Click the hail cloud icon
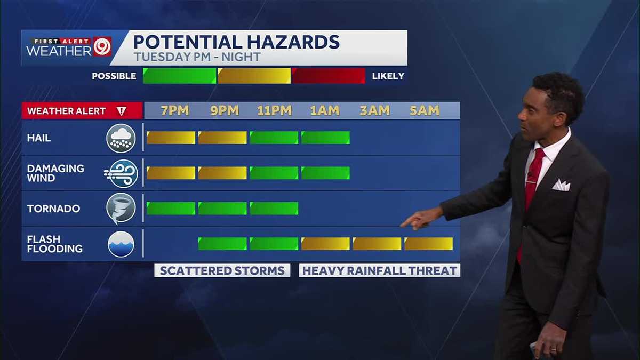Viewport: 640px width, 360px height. point(121,138)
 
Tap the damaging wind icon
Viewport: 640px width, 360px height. point(122,173)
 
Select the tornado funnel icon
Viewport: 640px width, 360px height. point(121,208)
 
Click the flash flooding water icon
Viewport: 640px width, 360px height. point(121,244)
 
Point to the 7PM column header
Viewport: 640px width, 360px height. point(175,110)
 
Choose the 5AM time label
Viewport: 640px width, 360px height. point(425,110)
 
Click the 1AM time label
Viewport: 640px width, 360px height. point(325,110)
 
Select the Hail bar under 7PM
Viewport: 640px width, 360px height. point(171,138)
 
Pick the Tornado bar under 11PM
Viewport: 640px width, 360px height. point(274,208)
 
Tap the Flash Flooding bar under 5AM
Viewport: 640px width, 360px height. point(428,244)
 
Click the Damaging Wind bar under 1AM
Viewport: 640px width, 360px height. point(325,173)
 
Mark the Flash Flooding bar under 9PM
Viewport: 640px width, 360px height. point(222,244)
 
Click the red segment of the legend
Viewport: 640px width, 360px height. point(328,76)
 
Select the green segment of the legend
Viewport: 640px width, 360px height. point(179,76)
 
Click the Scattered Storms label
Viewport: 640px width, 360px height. point(222,270)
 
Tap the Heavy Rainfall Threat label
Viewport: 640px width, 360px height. point(379,270)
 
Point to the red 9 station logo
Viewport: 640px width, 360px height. point(102,47)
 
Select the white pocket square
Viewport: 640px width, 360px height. point(561,185)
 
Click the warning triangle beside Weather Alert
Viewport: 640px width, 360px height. point(121,111)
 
